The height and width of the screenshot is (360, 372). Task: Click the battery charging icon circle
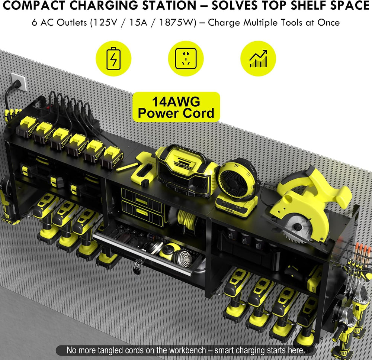pos(113,58)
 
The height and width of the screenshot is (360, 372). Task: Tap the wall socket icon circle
pos(186,58)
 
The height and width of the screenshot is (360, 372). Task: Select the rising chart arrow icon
pos(258,58)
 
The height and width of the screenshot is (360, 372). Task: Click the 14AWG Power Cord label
pos(176,107)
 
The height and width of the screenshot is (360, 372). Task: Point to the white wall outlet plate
pos(18,82)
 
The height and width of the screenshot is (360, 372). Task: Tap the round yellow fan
pos(238,180)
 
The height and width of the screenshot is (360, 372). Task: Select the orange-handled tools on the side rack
pos(362,252)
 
